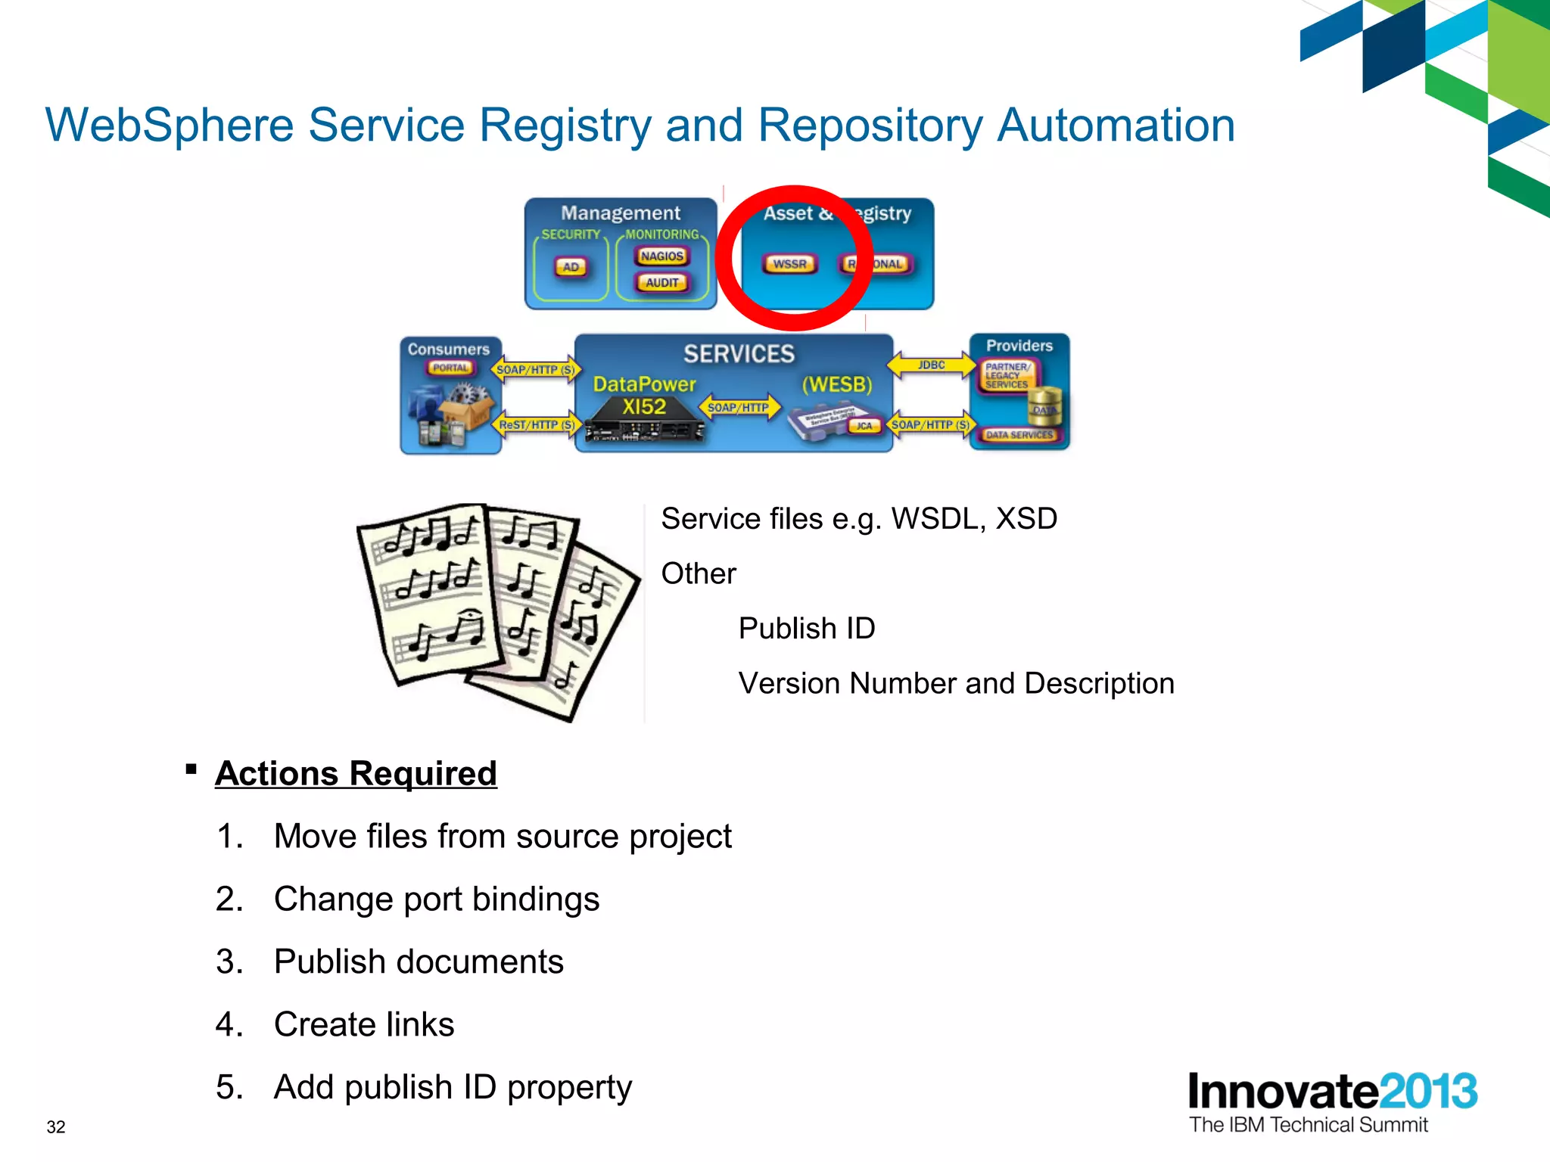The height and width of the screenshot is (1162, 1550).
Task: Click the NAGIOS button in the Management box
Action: [661, 256]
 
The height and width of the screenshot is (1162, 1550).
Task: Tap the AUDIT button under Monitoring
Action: [661, 283]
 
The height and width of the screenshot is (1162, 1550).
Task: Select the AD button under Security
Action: [571, 267]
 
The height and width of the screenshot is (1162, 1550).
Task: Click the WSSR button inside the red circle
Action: [789, 264]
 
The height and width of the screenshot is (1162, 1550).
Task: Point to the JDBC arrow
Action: [931, 365]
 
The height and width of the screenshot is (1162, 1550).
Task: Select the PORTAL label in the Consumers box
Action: [450, 368]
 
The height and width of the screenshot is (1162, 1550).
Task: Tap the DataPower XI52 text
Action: [644, 395]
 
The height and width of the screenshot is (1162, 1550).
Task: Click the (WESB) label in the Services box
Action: [836, 384]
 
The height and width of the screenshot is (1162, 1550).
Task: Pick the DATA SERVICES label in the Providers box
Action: [1019, 435]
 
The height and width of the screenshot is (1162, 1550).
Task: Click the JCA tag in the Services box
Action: [864, 426]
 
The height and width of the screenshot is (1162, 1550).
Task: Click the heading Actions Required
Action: [356, 773]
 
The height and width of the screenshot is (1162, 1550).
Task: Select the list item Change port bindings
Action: [436, 899]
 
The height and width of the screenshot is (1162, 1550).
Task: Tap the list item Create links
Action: [363, 1024]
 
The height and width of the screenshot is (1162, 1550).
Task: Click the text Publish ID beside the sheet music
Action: [806, 628]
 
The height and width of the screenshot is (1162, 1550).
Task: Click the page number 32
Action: [56, 1126]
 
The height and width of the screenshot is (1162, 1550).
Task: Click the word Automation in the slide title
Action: [1116, 125]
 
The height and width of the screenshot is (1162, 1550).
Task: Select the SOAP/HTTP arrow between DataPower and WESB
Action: [738, 408]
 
